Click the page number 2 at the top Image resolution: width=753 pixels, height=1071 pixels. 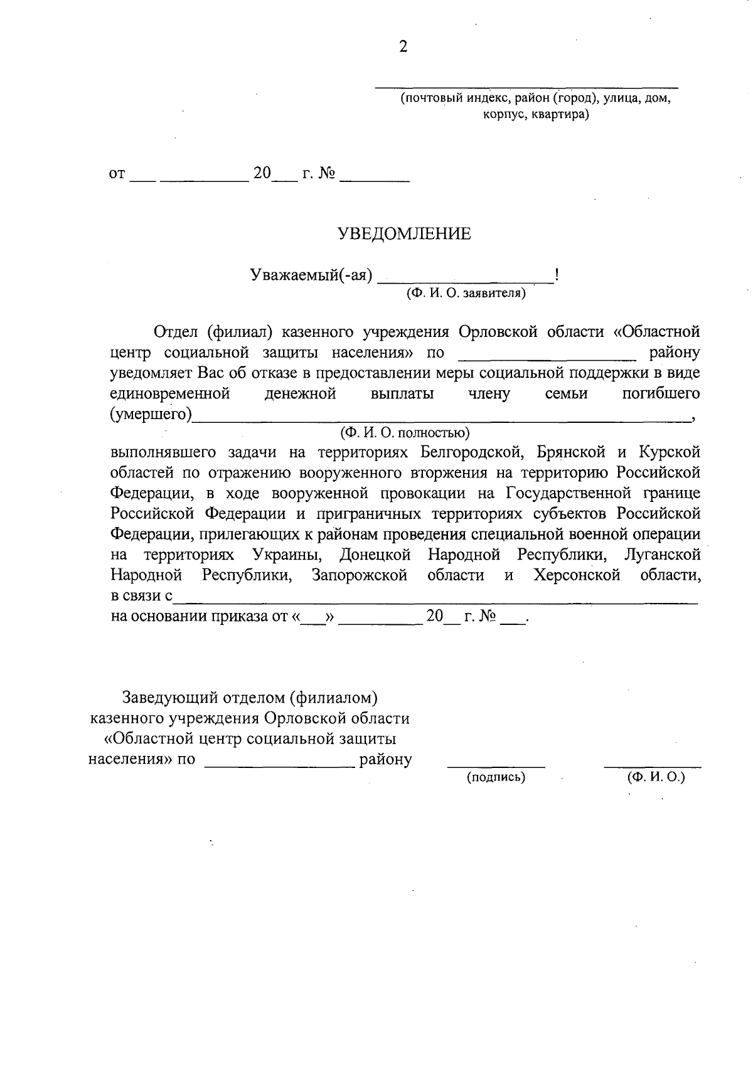(x=403, y=47)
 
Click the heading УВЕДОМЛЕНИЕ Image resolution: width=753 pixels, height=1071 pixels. (x=404, y=234)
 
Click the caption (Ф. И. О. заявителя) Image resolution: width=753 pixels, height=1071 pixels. (x=466, y=293)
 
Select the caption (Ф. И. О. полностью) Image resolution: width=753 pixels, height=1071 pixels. (x=405, y=432)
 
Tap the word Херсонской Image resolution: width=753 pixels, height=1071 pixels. (x=577, y=575)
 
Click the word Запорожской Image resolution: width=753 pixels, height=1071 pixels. (x=360, y=575)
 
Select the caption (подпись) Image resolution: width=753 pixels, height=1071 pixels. (x=496, y=777)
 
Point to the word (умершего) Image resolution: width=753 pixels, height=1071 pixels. (x=151, y=415)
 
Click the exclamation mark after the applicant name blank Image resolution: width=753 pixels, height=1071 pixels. (x=557, y=275)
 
